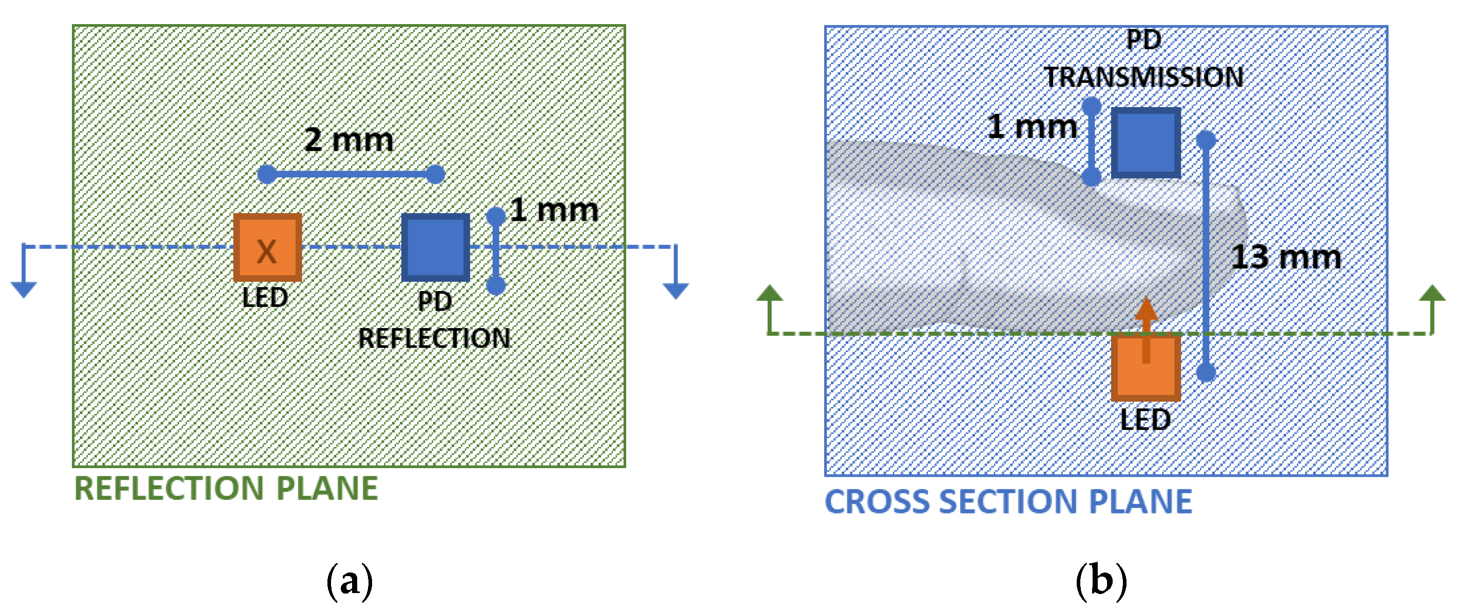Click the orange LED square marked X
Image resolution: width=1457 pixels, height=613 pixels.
[x=267, y=248]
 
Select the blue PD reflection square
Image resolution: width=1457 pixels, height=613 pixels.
[x=435, y=248]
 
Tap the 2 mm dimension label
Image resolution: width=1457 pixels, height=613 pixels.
[x=348, y=139]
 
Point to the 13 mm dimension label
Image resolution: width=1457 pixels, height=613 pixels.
[x=1286, y=257]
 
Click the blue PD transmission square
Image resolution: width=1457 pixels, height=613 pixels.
[x=1145, y=142]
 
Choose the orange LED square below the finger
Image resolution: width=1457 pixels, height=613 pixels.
[x=1145, y=367]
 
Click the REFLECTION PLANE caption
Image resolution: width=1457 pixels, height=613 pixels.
[x=226, y=488]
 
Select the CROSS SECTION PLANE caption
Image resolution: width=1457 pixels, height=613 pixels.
[x=1008, y=501]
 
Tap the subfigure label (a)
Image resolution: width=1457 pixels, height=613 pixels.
[x=349, y=580]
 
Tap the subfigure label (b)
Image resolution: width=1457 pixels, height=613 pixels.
[x=1101, y=580]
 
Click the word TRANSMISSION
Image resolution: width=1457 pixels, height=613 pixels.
[x=1143, y=77]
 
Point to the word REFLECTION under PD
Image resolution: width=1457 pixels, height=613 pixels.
[x=434, y=338]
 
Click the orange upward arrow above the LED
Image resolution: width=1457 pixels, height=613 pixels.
[x=1146, y=322]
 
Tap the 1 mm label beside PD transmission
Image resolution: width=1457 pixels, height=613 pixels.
[x=1032, y=126]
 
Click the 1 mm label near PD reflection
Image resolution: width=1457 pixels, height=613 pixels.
[x=554, y=210]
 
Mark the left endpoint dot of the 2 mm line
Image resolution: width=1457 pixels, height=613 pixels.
[x=266, y=174]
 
